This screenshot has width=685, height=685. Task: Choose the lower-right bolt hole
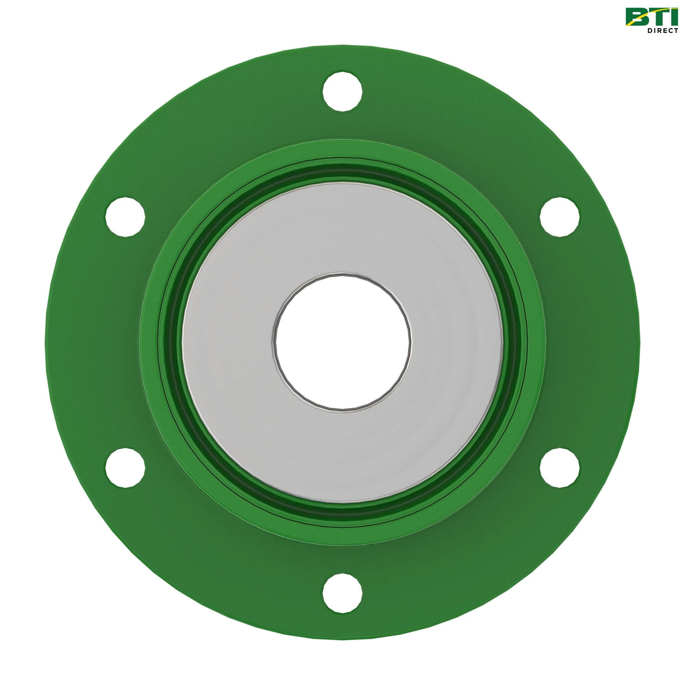560,467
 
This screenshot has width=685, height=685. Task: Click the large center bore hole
342,342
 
